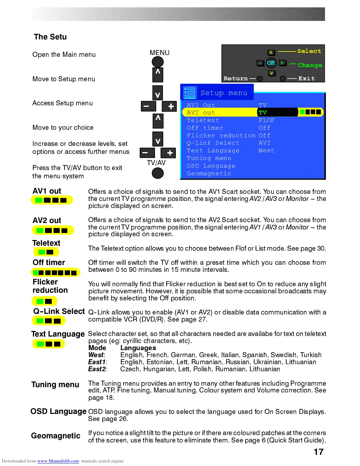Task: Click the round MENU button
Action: [x=158, y=62]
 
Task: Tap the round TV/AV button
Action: [x=158, y=173]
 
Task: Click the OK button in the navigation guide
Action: [x=271, y=63]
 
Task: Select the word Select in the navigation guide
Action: [x=309, y=51]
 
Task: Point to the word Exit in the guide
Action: [x=306, y=79]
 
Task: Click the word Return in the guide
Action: [x=236, y=79]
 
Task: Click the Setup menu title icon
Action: [x=190, y=92]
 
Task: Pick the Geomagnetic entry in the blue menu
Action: [x=209, y=174]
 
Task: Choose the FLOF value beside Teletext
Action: [x=266, y=120]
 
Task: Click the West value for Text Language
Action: [x=266, y=151]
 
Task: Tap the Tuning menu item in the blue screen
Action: [x=209, y=158]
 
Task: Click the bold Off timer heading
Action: [x=49, y=262]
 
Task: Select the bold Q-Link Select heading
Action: [x=59, y=311]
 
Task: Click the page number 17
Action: [x=319, y=452]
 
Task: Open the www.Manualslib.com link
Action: [x=58, y=461]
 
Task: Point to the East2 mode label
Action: [x=97, y=369]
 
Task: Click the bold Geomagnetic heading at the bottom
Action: [x=56, y=436]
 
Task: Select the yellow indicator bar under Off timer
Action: [x=55, y=272]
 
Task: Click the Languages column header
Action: [x=138, y=348]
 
